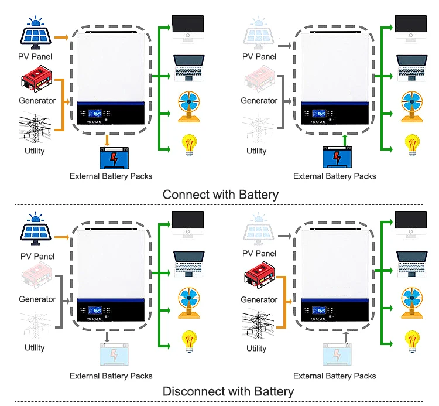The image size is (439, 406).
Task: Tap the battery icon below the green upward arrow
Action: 338,158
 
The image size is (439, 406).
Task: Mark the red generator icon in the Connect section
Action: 37,80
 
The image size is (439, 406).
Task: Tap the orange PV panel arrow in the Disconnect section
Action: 61,237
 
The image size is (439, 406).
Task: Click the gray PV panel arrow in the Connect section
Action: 285,45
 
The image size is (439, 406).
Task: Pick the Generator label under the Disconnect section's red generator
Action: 259,299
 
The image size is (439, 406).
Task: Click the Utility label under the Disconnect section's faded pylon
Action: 35,348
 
